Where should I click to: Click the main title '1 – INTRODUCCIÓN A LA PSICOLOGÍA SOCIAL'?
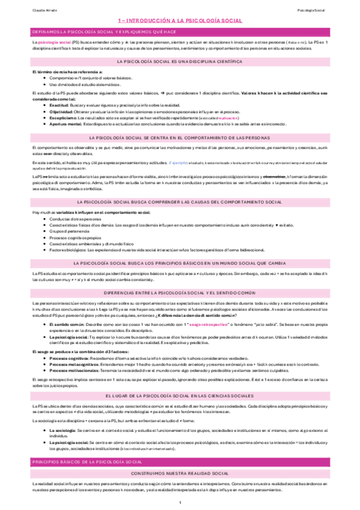tap(180, 20)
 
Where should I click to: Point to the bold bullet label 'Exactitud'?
tap(59, 103)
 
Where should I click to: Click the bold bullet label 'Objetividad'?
tap(60, 111)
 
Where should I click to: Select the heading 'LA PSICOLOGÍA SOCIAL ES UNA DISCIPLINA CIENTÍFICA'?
tap(180, 62)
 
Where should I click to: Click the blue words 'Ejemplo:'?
tap(178, 162)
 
